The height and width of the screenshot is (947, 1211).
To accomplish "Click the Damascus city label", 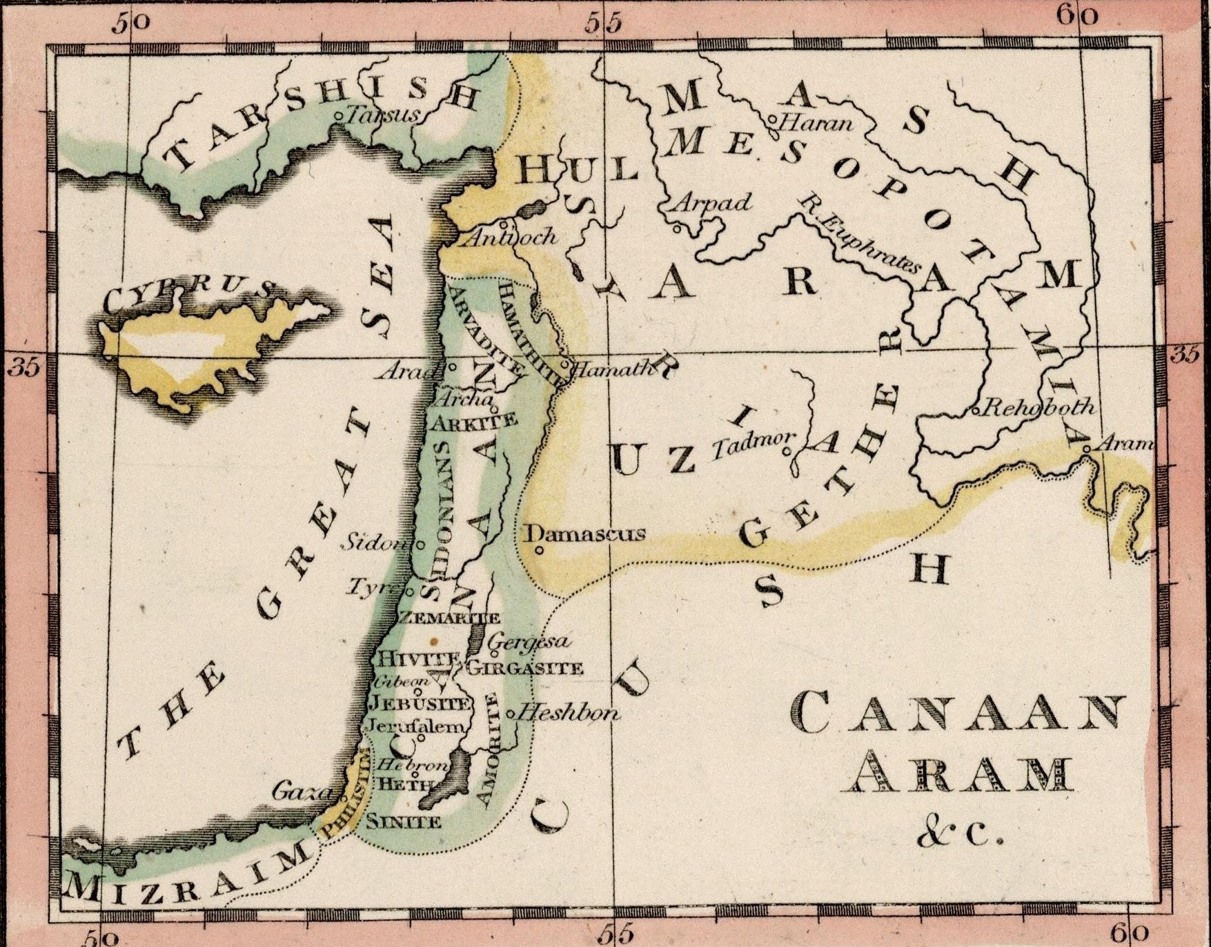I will point(586,534).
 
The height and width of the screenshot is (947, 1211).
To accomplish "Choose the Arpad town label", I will point(711,202).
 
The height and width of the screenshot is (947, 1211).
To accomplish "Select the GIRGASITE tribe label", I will point(525,667).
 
